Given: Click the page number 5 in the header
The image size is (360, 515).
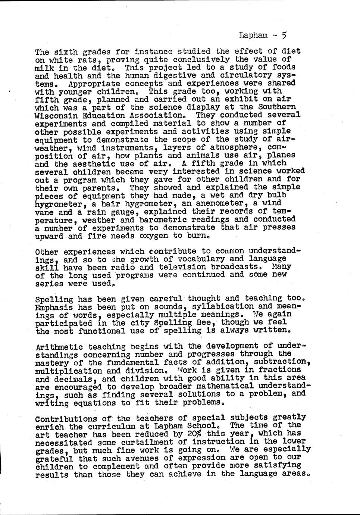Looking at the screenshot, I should tap(284, 35).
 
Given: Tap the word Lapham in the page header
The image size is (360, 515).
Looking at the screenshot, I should tap(253, 35).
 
